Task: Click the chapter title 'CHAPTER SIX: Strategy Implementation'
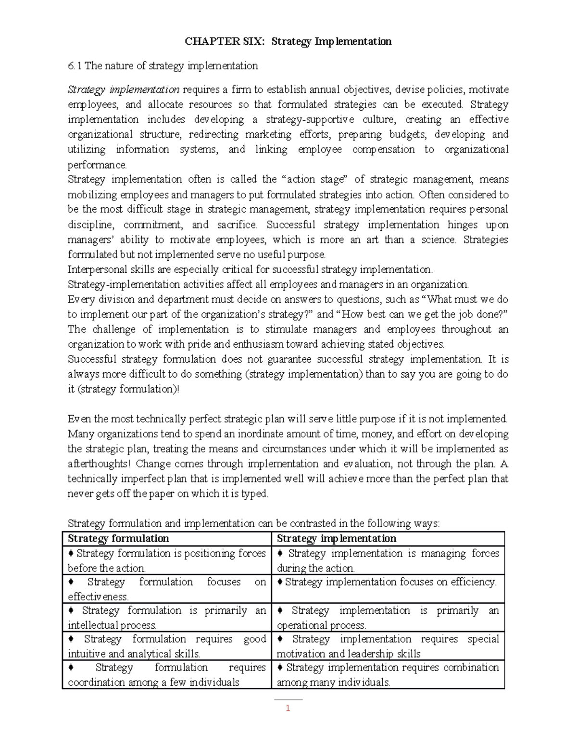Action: point(288,41)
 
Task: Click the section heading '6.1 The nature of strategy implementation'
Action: point(163,66)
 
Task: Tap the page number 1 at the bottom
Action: point(288,708)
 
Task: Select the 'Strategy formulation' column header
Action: point(118,539)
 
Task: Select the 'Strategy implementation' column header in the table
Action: point(337,539)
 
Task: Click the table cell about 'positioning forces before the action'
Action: point(166,560)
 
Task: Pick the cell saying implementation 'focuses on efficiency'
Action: point(388,582)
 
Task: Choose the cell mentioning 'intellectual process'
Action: point(166,618)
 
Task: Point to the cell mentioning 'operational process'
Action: point(388,618)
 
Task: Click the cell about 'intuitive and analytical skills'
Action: point(166,646)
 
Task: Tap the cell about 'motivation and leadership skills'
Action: point(388,646)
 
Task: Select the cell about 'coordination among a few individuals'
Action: point(166,675)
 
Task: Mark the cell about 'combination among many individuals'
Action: point(388,675)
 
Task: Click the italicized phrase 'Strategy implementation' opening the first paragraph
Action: point(124,90)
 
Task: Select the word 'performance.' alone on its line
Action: point(98,165)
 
